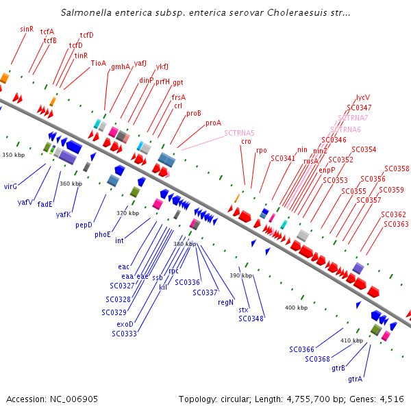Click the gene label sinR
(27, 29)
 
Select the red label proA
(213, 123)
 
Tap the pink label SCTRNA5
(239, 133)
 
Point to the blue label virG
(10, 186)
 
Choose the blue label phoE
(103, 234)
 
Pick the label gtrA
(355, 379)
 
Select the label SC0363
(396, 224)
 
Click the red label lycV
(362, 98)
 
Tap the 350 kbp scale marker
(13, 155)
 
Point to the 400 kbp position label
(296, 308)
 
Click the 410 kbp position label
(351, 340)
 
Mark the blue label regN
(225, 302)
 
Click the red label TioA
(99, 63)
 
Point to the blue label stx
(243, 310)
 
